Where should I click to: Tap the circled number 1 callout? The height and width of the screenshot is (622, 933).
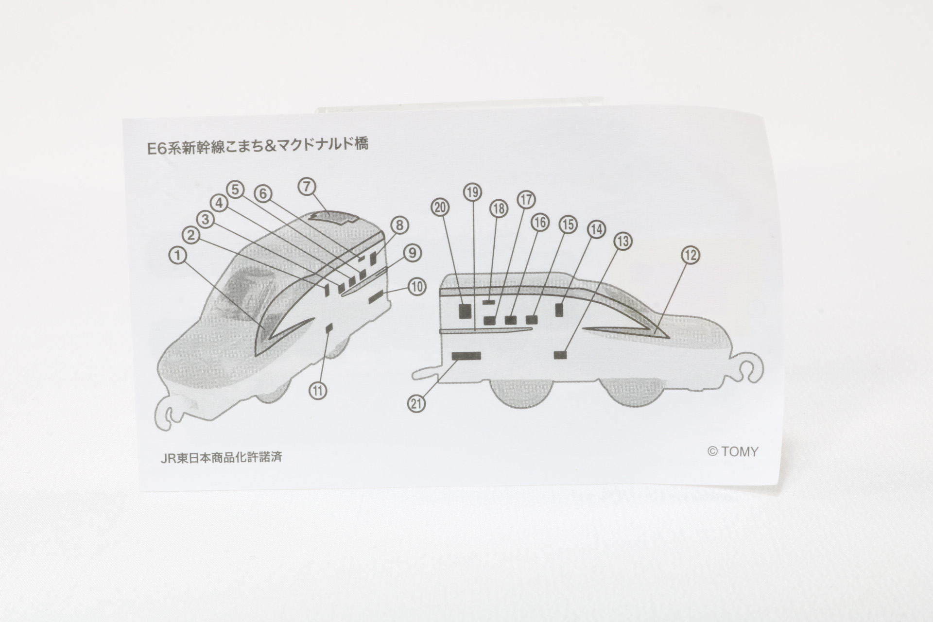coord(178,255)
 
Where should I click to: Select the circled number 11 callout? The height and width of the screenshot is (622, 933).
coord(319,390)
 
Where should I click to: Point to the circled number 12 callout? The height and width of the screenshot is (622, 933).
coord(691,255)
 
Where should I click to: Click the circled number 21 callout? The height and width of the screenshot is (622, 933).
coord(417,403)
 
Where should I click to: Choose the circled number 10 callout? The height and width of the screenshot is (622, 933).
coord(416,286)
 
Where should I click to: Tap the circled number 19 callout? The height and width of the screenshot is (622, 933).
coord(472,192)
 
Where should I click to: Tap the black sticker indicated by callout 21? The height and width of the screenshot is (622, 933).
coord(466,356)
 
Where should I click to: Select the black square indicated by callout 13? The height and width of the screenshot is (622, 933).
coord(561,355)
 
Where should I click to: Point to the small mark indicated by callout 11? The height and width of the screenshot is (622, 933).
coord(328,328)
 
